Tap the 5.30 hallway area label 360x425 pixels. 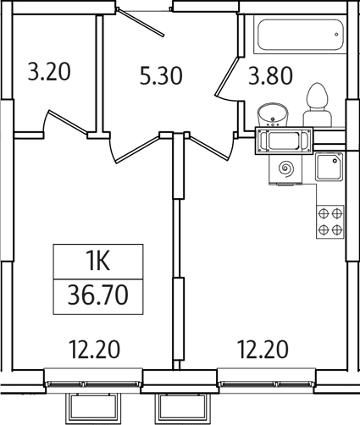(x=160, y=77)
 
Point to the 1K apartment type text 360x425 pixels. (x=98, y=260)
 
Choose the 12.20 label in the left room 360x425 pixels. (x=94, y=348)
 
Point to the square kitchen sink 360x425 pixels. (x=329, y=168)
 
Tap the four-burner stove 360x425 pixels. (x=330, y=221)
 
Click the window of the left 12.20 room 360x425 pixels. (x=94, y=378)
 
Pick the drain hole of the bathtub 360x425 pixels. (x=336, y=36)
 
